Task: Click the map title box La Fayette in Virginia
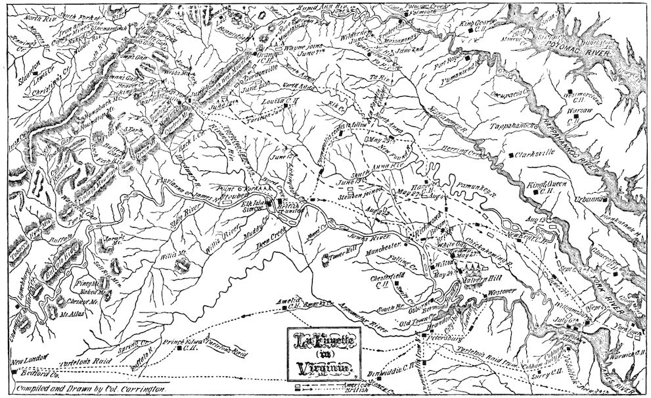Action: pos(325,352)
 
